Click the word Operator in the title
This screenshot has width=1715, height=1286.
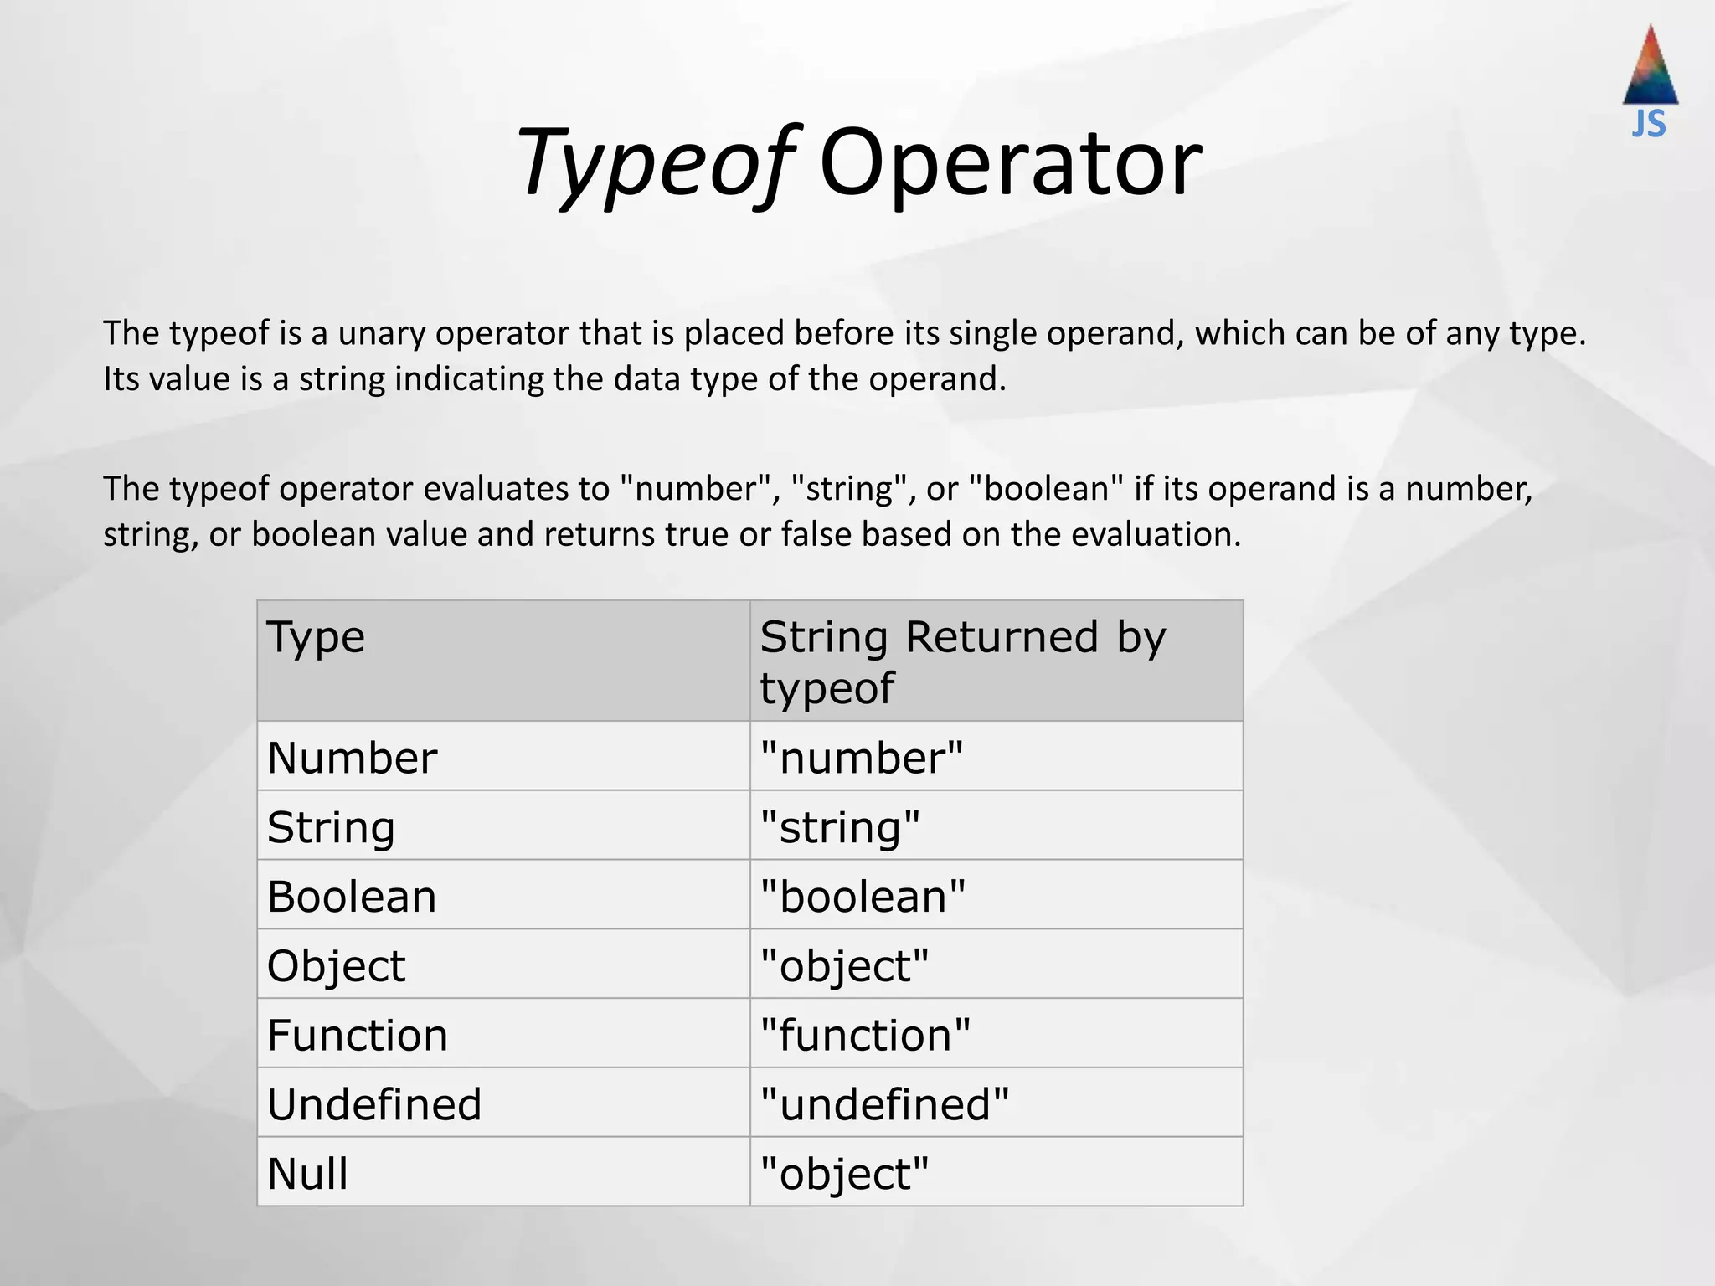(x=1010, y=163)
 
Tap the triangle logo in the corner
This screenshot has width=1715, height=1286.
(x=1650, y=67)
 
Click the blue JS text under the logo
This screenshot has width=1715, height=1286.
(x=1649, y=125)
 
